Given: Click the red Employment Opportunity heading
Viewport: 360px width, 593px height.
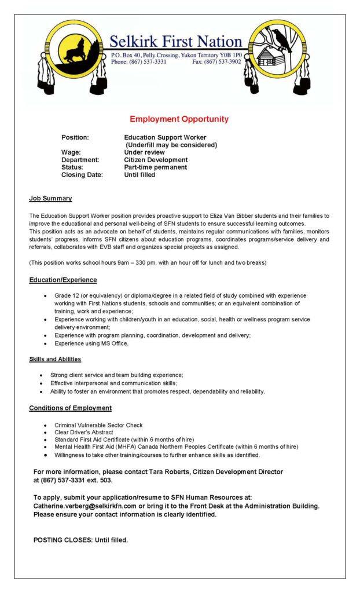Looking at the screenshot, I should click(179, 119).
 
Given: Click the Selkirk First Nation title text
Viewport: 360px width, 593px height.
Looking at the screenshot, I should click(176, 42).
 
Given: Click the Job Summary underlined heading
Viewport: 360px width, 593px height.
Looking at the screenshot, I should click(50, 199).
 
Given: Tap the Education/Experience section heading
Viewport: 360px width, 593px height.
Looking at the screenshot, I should click(63, 280).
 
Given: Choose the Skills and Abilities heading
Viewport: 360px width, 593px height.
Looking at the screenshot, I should click(55, 359).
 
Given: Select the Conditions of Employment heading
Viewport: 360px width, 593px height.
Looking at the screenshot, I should click(70, 408).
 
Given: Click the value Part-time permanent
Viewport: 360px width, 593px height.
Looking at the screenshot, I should click(156, 167).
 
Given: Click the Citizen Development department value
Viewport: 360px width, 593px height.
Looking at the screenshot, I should click(156, 160).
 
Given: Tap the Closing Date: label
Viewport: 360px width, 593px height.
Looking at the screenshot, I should click(82, 175).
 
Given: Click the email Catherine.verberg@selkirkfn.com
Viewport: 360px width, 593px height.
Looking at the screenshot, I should click(81, 506).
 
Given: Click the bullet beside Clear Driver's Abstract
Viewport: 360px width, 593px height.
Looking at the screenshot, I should click(46, 433).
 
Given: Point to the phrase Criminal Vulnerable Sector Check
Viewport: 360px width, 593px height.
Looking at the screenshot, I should click(98, 425).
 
